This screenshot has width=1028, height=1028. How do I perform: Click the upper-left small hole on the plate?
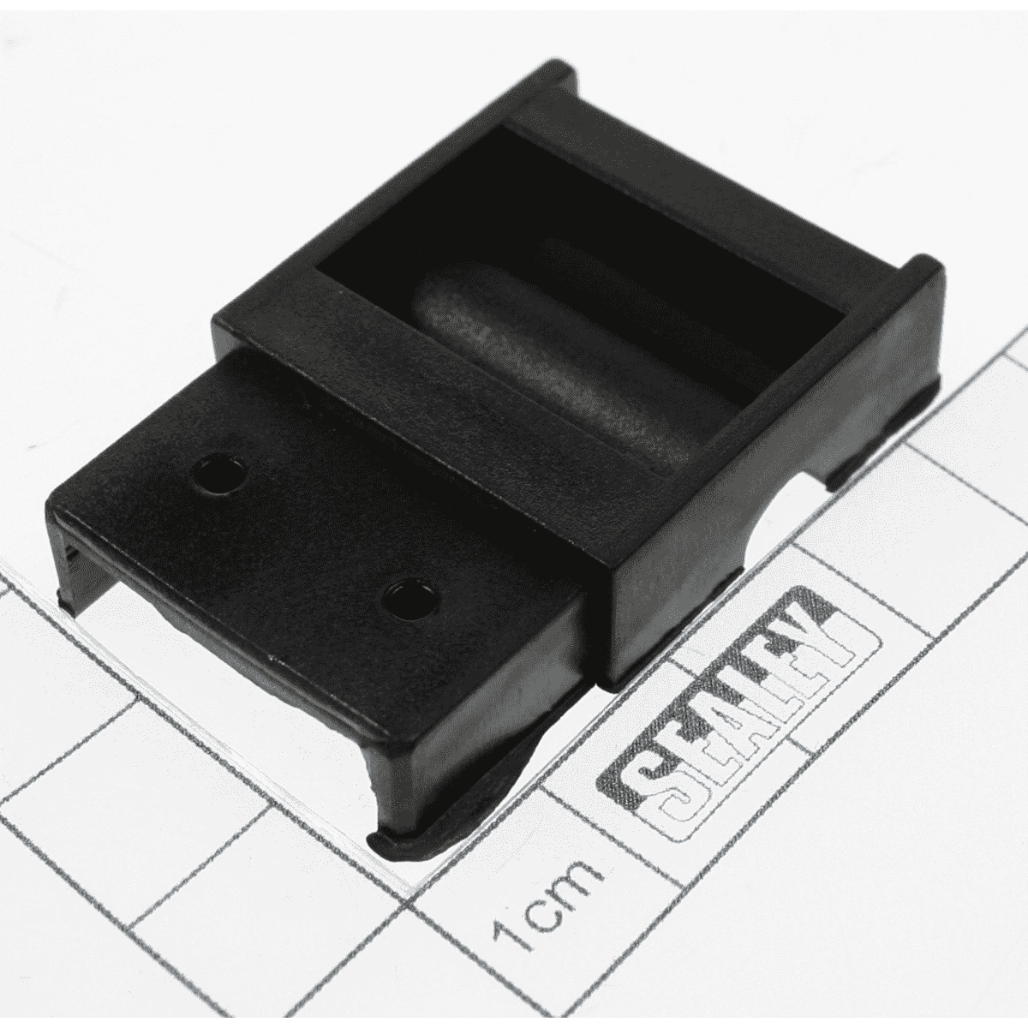(x=219, y=472)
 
